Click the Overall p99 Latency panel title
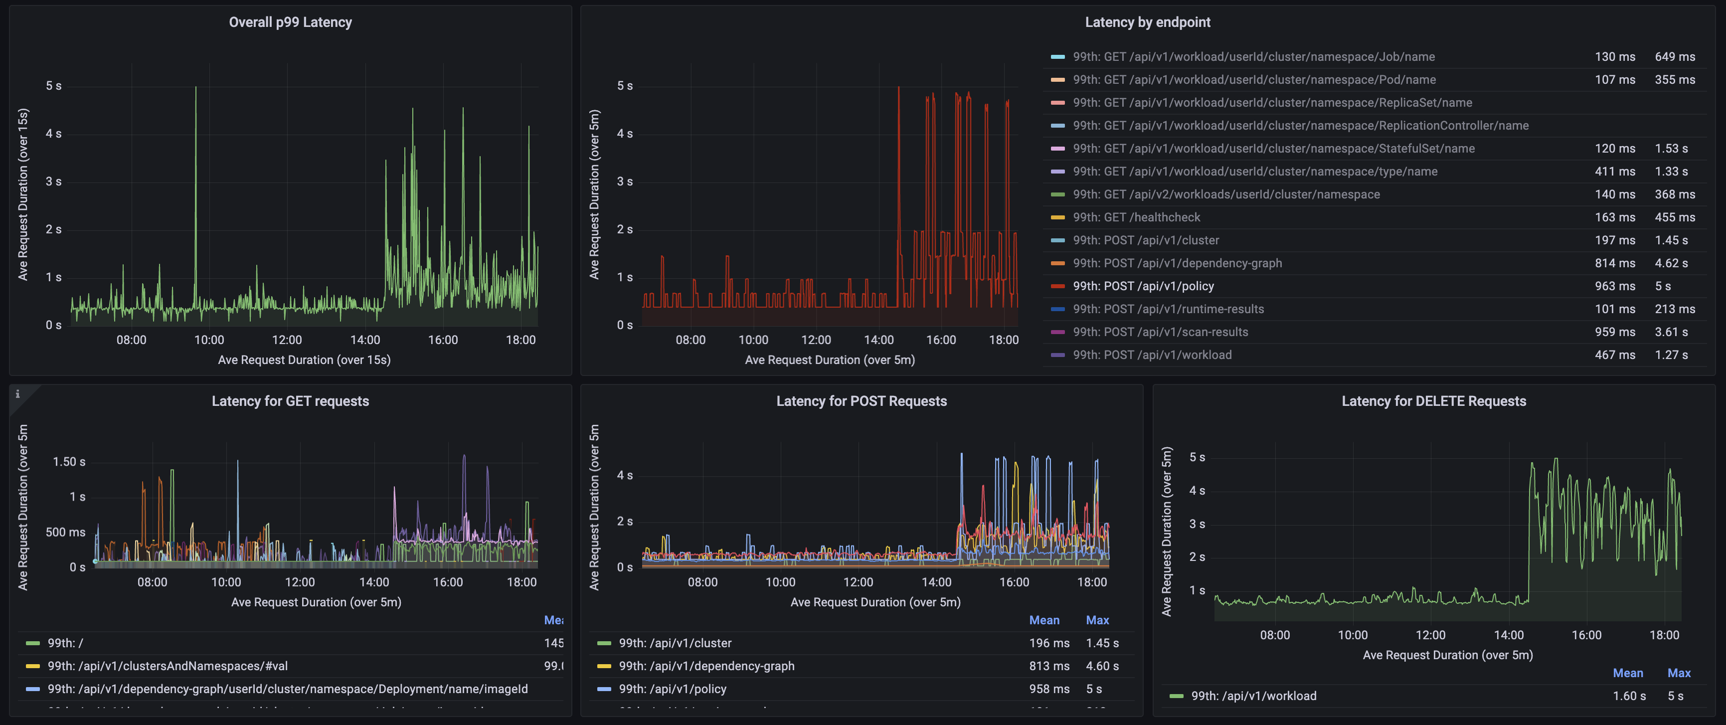click(x=290, y=22)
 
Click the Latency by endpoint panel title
click(x=1147, y=22)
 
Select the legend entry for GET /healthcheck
click(x=1136, y=217)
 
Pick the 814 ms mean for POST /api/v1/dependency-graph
click(x=1614, y=263)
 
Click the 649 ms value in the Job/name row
click(x=1675, y=57)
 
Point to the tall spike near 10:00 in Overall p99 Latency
click(x=195, y=90)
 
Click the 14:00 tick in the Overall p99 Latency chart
click(x=365, y=340)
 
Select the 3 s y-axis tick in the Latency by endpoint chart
click(x=625, y=181)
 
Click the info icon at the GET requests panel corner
click(x=17, y=394)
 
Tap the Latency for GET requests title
click(x=290, y=401)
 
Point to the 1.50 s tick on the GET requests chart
click(x=69, y=462)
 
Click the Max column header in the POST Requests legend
click(x=1097, y=620)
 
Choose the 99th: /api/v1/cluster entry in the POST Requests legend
click(x=675, y=643)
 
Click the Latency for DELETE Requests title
click(x=1433, y=401)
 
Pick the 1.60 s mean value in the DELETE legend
click(x=1629, y=696)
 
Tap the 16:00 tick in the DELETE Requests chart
click(x=1586, y=635)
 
